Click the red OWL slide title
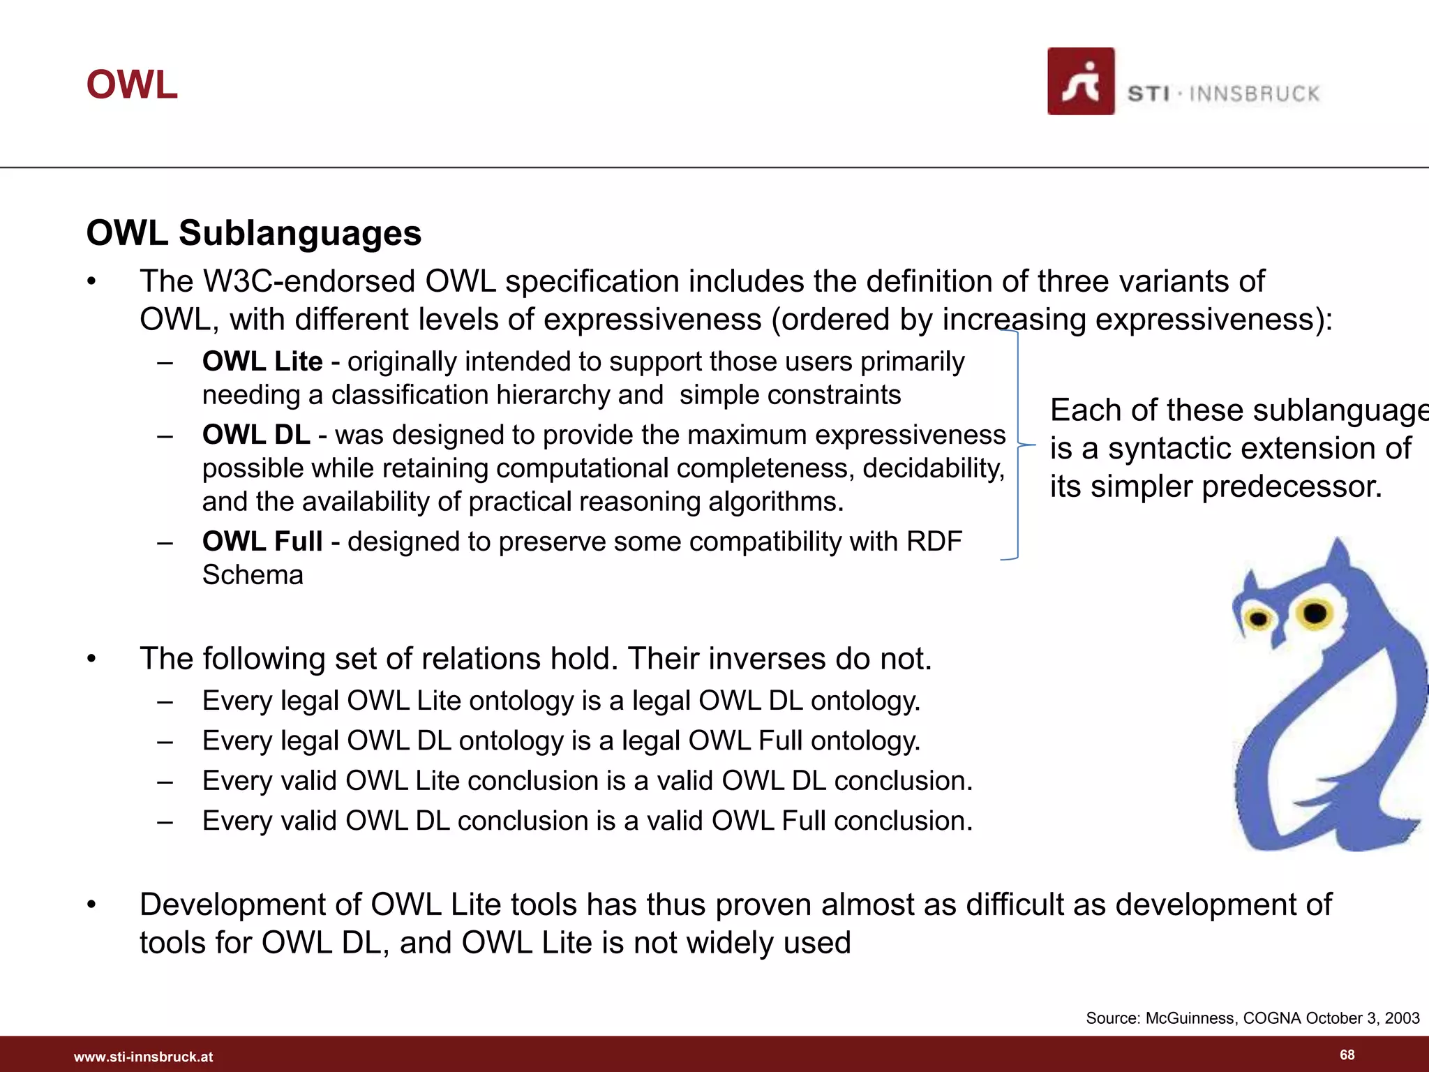coord(132,85)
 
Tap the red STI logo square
coord(1080,82)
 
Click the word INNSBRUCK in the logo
coord(1255,94)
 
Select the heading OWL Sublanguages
coord(253,232)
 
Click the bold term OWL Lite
coord(262,362)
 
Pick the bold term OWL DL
coord(256,435)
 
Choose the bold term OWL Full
coord(262,542)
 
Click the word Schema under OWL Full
coord(253,575)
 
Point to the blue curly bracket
coord(1017,445)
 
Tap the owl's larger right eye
coord(1315,613)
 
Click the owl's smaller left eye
coord(1259,618)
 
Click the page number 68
coord(1347,1055)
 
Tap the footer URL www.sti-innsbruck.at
coord(143,1057)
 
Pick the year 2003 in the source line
coord(1402,1018)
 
